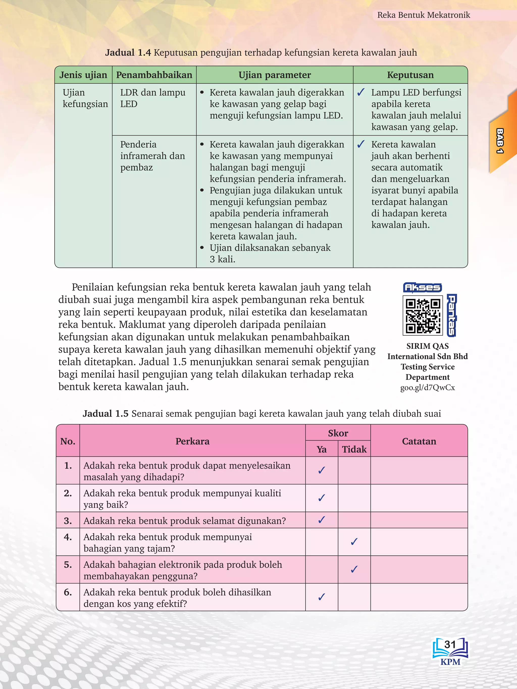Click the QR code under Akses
point(423,316)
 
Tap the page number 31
point(450,644)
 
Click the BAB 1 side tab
point(500,141)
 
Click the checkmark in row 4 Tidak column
point(354,542)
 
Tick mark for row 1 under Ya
point(322,470)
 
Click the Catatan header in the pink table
point(419,441)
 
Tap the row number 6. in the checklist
point(68,592)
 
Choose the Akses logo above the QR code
point(422,287)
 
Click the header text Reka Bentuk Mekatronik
point(423,15)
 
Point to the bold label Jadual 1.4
point(128,52)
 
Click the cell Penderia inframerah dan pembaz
point(152,156)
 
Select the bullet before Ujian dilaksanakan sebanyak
point(202,248)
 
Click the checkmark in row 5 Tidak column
point(354,569)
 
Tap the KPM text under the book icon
point(450,662)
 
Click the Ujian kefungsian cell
point(85,98)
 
